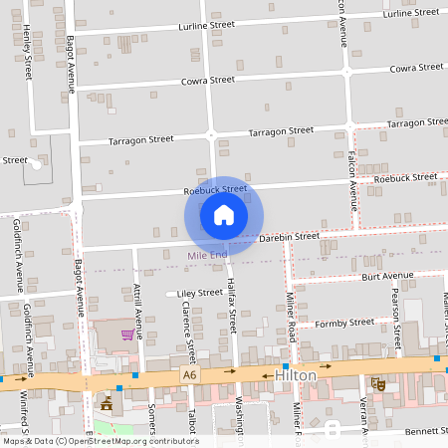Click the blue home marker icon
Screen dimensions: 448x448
tap(223, 214)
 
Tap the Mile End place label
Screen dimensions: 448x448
tap(208, 256)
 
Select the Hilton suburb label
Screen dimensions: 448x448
tap(296, 375)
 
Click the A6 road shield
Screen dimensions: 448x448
tap(190, 374)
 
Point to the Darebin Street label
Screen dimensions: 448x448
tap(289, 237)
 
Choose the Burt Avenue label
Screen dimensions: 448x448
tap(387, 276)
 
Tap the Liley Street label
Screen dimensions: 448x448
tap(199, 294)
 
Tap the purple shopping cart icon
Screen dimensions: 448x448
tap(126, 335)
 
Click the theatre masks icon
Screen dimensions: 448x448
tap(377, 382)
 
